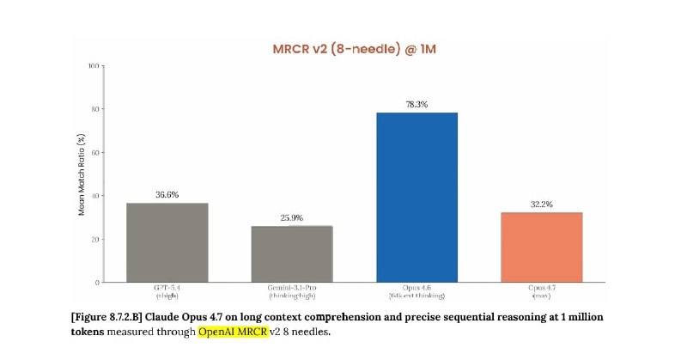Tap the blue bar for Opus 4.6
coord(416,197)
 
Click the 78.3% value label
coord(416,104)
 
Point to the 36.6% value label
coord(167,195)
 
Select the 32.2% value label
coord(541,204)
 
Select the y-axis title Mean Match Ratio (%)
coord(82,174)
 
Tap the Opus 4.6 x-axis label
coord(416,290)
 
